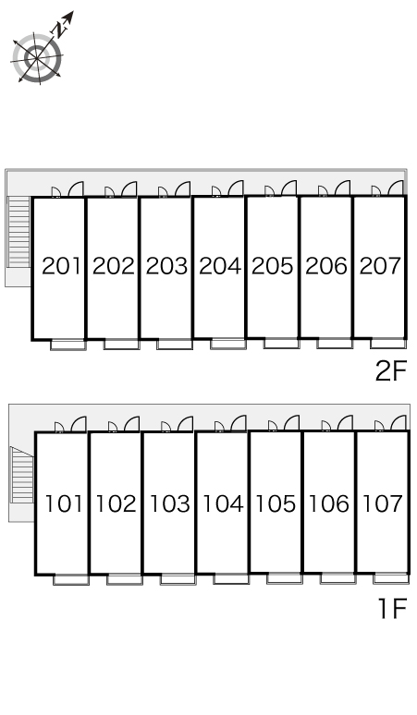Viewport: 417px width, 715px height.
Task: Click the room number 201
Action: (61, 266)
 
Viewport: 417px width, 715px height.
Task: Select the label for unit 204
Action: (220, 266)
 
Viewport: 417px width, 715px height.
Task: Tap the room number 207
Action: (380, 266)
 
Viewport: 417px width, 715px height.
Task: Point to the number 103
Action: (169, 503)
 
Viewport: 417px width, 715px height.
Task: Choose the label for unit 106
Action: (329, 503)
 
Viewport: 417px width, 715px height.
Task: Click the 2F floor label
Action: (390, 371)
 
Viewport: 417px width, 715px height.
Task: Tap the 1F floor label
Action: (393, 608)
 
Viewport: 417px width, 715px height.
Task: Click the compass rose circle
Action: (37, 58)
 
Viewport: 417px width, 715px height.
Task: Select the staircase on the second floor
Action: (19, 231)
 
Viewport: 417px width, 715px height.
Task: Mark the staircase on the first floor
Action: (22, 474)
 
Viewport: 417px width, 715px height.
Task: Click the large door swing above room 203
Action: (182, 188)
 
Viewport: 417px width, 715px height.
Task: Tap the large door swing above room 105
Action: (291, 423)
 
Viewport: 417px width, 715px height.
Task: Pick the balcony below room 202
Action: (121, 345)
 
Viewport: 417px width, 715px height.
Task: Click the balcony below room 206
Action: (335, 344)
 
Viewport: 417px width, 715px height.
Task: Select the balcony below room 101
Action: (71, 579)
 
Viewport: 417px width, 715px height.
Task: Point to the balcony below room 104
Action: (231, 578)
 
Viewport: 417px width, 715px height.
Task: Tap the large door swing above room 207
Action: (396, 188)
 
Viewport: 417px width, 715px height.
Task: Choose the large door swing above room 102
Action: (131, 424)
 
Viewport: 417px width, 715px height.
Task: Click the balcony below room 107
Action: (391, 578)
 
